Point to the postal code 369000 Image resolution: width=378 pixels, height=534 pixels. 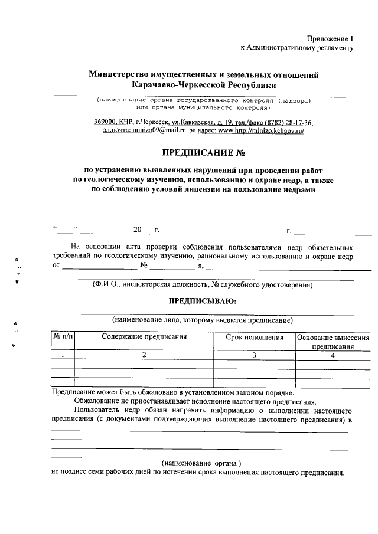coord(106,122)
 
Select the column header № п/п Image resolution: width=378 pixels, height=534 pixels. coord(63,338)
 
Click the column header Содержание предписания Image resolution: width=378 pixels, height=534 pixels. coord(144,338)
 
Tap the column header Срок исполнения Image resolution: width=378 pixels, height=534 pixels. coord(254,338)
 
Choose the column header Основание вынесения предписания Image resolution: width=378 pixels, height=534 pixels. coord(333,342)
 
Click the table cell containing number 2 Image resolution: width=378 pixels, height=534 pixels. coord(144,355)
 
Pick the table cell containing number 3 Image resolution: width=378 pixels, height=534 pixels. coord(254,355)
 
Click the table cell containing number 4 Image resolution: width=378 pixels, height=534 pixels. coord(333,355)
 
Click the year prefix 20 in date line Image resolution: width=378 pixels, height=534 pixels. coord(138,229)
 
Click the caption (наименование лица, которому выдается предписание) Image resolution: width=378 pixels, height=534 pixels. coord(203,320)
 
